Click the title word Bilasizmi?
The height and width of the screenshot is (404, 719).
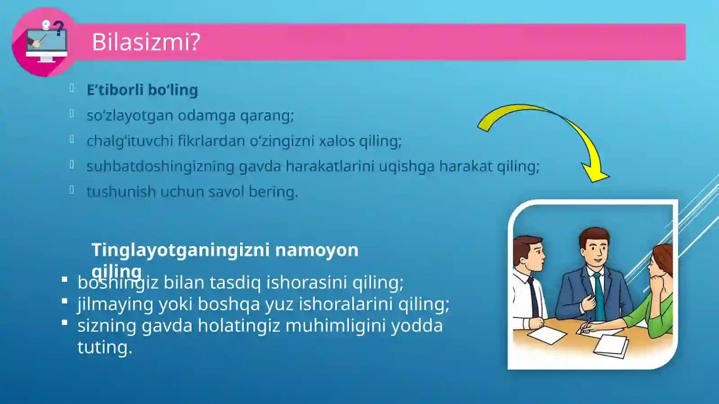146,42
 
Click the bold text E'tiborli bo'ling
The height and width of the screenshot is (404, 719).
142,90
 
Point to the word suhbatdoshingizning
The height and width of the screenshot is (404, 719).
160,166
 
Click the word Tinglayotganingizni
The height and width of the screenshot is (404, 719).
181,250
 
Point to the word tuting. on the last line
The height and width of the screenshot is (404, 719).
105,347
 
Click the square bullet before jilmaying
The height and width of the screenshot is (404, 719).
65,301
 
